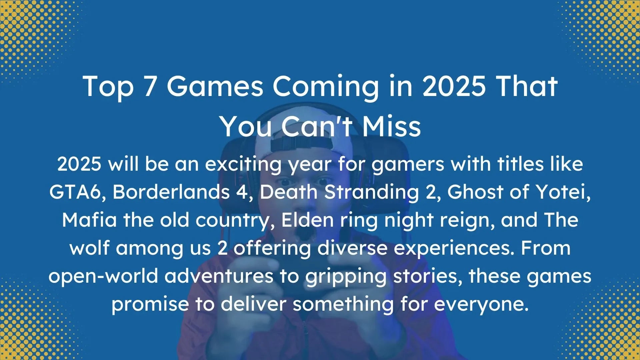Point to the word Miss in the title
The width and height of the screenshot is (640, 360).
(392, 127)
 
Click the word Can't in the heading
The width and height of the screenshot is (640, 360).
(317, 127)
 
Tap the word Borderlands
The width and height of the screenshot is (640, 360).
(171, 192)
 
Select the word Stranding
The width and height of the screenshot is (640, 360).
(372, 193)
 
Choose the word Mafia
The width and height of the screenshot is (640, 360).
(89, 220)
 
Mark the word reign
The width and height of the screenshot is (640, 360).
(467, 221)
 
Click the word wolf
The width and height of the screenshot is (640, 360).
(90, 248)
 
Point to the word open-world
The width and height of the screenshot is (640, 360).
(103, 277)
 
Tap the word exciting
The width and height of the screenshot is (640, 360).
(243, 165)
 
